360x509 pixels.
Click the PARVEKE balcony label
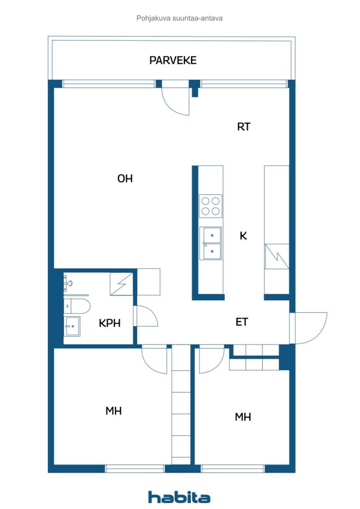[173, 60]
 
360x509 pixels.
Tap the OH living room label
[125, 178]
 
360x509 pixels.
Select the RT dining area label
[244, 127]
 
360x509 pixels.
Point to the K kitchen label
[243, 236]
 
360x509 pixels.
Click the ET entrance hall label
[242, 322]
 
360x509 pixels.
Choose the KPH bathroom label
[110, 323]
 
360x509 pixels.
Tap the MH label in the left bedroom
[113, 411]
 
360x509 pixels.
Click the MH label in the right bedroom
[243, 417]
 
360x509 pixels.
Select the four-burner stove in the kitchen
[211, 206]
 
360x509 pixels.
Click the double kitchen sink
[211, 243]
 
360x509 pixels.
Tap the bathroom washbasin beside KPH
[72, 326]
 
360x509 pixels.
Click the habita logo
[179, 497]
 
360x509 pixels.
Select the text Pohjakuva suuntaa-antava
[180, 18]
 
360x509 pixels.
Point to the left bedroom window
[135, 468]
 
